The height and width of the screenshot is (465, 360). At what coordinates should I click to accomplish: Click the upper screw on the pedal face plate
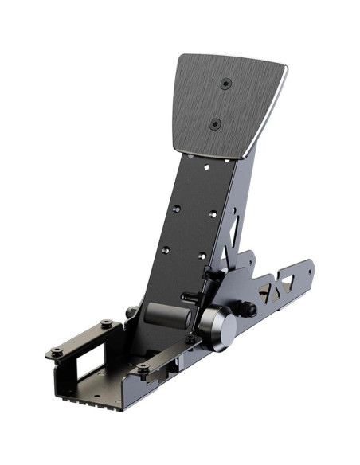click(x=226, y=84)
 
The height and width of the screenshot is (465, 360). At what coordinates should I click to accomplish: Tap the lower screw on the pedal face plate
click(x=214, y=123)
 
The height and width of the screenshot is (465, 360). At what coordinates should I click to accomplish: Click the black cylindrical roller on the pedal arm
click(x=167, y=315)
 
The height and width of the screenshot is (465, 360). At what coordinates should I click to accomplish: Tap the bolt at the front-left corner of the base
click(x=57, y=352)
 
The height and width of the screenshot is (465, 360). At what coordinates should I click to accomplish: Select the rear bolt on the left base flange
click(x=106, y=324)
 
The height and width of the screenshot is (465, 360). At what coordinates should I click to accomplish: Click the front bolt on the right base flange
click(x=143, y=369)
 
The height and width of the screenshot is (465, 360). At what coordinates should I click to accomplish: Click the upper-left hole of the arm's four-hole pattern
click(x=176, y=209)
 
